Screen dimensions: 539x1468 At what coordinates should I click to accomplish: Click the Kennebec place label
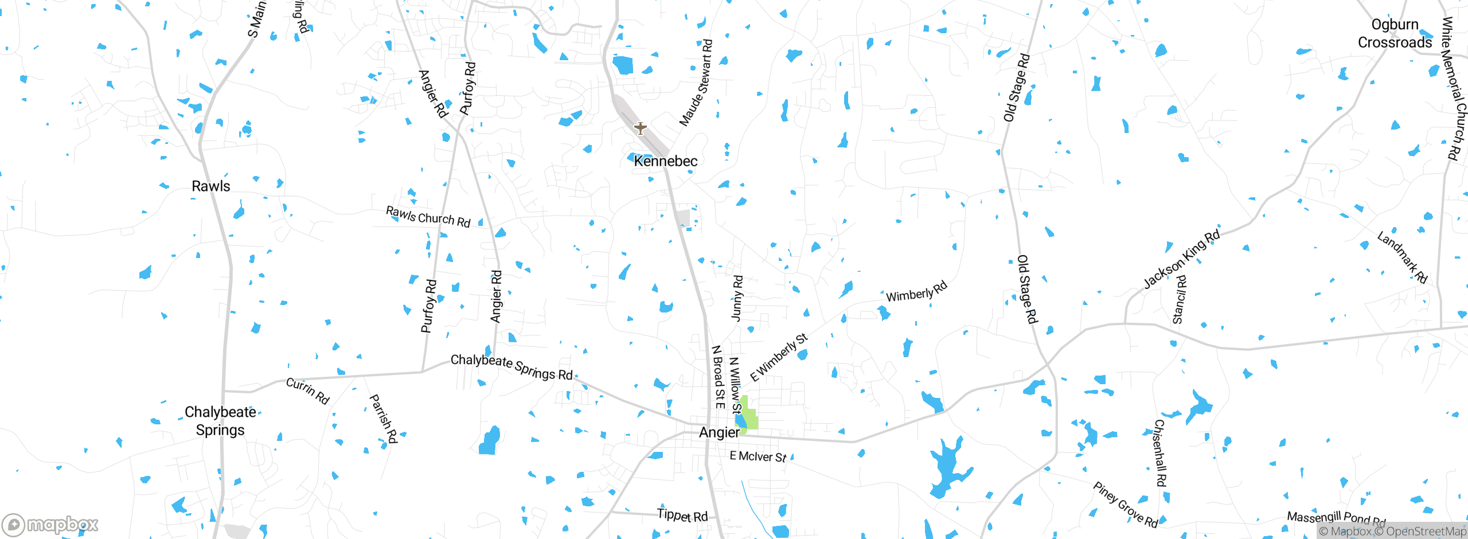[665, 161]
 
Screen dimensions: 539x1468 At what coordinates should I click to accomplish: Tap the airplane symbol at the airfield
[640, 128]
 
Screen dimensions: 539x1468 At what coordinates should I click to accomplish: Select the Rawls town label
[210, 186]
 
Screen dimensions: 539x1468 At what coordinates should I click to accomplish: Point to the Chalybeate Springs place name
[220, 421]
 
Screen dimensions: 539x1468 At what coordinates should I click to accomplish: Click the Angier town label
[719, 432]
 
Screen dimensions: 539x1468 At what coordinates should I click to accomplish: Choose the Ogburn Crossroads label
[1395, 33]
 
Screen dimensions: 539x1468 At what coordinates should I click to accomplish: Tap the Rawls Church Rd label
[428, 217]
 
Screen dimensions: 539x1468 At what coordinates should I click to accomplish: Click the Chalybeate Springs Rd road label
[512, 366]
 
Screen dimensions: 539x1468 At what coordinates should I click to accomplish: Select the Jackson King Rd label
[1181, 259]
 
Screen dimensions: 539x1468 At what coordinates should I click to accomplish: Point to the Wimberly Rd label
[916, 292]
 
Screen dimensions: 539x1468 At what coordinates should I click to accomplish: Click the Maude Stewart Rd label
[696, 83]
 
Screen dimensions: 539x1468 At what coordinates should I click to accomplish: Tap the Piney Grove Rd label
[1125, 505]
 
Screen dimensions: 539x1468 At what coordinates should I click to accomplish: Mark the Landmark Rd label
[1402, 257]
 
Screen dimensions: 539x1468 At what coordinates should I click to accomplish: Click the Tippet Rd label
[682, 515]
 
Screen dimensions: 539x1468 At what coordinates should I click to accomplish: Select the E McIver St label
[758, 456]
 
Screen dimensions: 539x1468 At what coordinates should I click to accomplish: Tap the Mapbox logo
[50, 524]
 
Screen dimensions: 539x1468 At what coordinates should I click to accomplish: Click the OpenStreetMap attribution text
[1426, 532]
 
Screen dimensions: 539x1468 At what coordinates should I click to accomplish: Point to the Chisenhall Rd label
[1159, 453]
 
